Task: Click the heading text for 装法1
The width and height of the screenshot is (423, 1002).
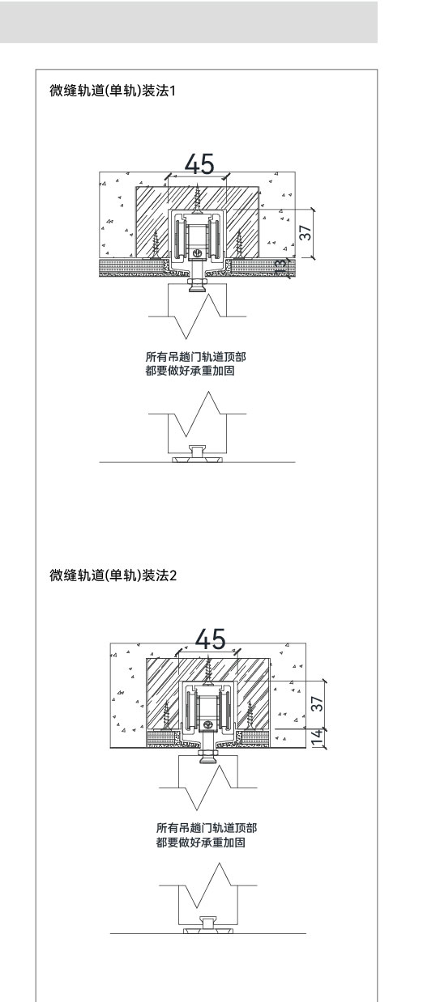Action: [x=113, y=91]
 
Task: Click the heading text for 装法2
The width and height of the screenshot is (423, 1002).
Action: [x=113, y=575]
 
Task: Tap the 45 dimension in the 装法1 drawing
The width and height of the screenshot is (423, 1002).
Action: [x=199, y=163]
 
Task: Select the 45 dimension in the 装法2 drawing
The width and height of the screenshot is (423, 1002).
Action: [x=210, y=639]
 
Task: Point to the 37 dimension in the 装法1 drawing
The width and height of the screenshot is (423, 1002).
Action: [x=305, y=232]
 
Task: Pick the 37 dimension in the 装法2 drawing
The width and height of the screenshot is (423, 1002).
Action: [x=316, y=703]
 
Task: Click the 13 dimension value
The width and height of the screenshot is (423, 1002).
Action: [x=280, y=266]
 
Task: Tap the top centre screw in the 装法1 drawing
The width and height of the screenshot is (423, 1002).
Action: [x=196, y=198]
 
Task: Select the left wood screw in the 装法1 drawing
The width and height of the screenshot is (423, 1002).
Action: [x=156, y=244]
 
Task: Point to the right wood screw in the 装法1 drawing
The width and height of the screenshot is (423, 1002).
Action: [x=239, y=244]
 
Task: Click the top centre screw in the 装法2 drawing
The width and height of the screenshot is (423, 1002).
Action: [x=207, y=670]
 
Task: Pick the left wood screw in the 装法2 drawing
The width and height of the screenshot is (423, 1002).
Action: [x=167, y=715]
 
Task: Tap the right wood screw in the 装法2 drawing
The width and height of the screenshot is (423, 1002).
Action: [x=250, y=715]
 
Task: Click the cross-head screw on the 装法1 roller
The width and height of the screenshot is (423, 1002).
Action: [x=196, y=253]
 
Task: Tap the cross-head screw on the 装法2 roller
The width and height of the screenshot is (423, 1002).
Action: [x=207, y=724]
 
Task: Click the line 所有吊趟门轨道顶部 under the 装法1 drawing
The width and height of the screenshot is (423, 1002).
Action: [x=196, y=356]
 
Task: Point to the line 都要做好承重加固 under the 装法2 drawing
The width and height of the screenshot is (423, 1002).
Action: [x=201, y=843]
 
